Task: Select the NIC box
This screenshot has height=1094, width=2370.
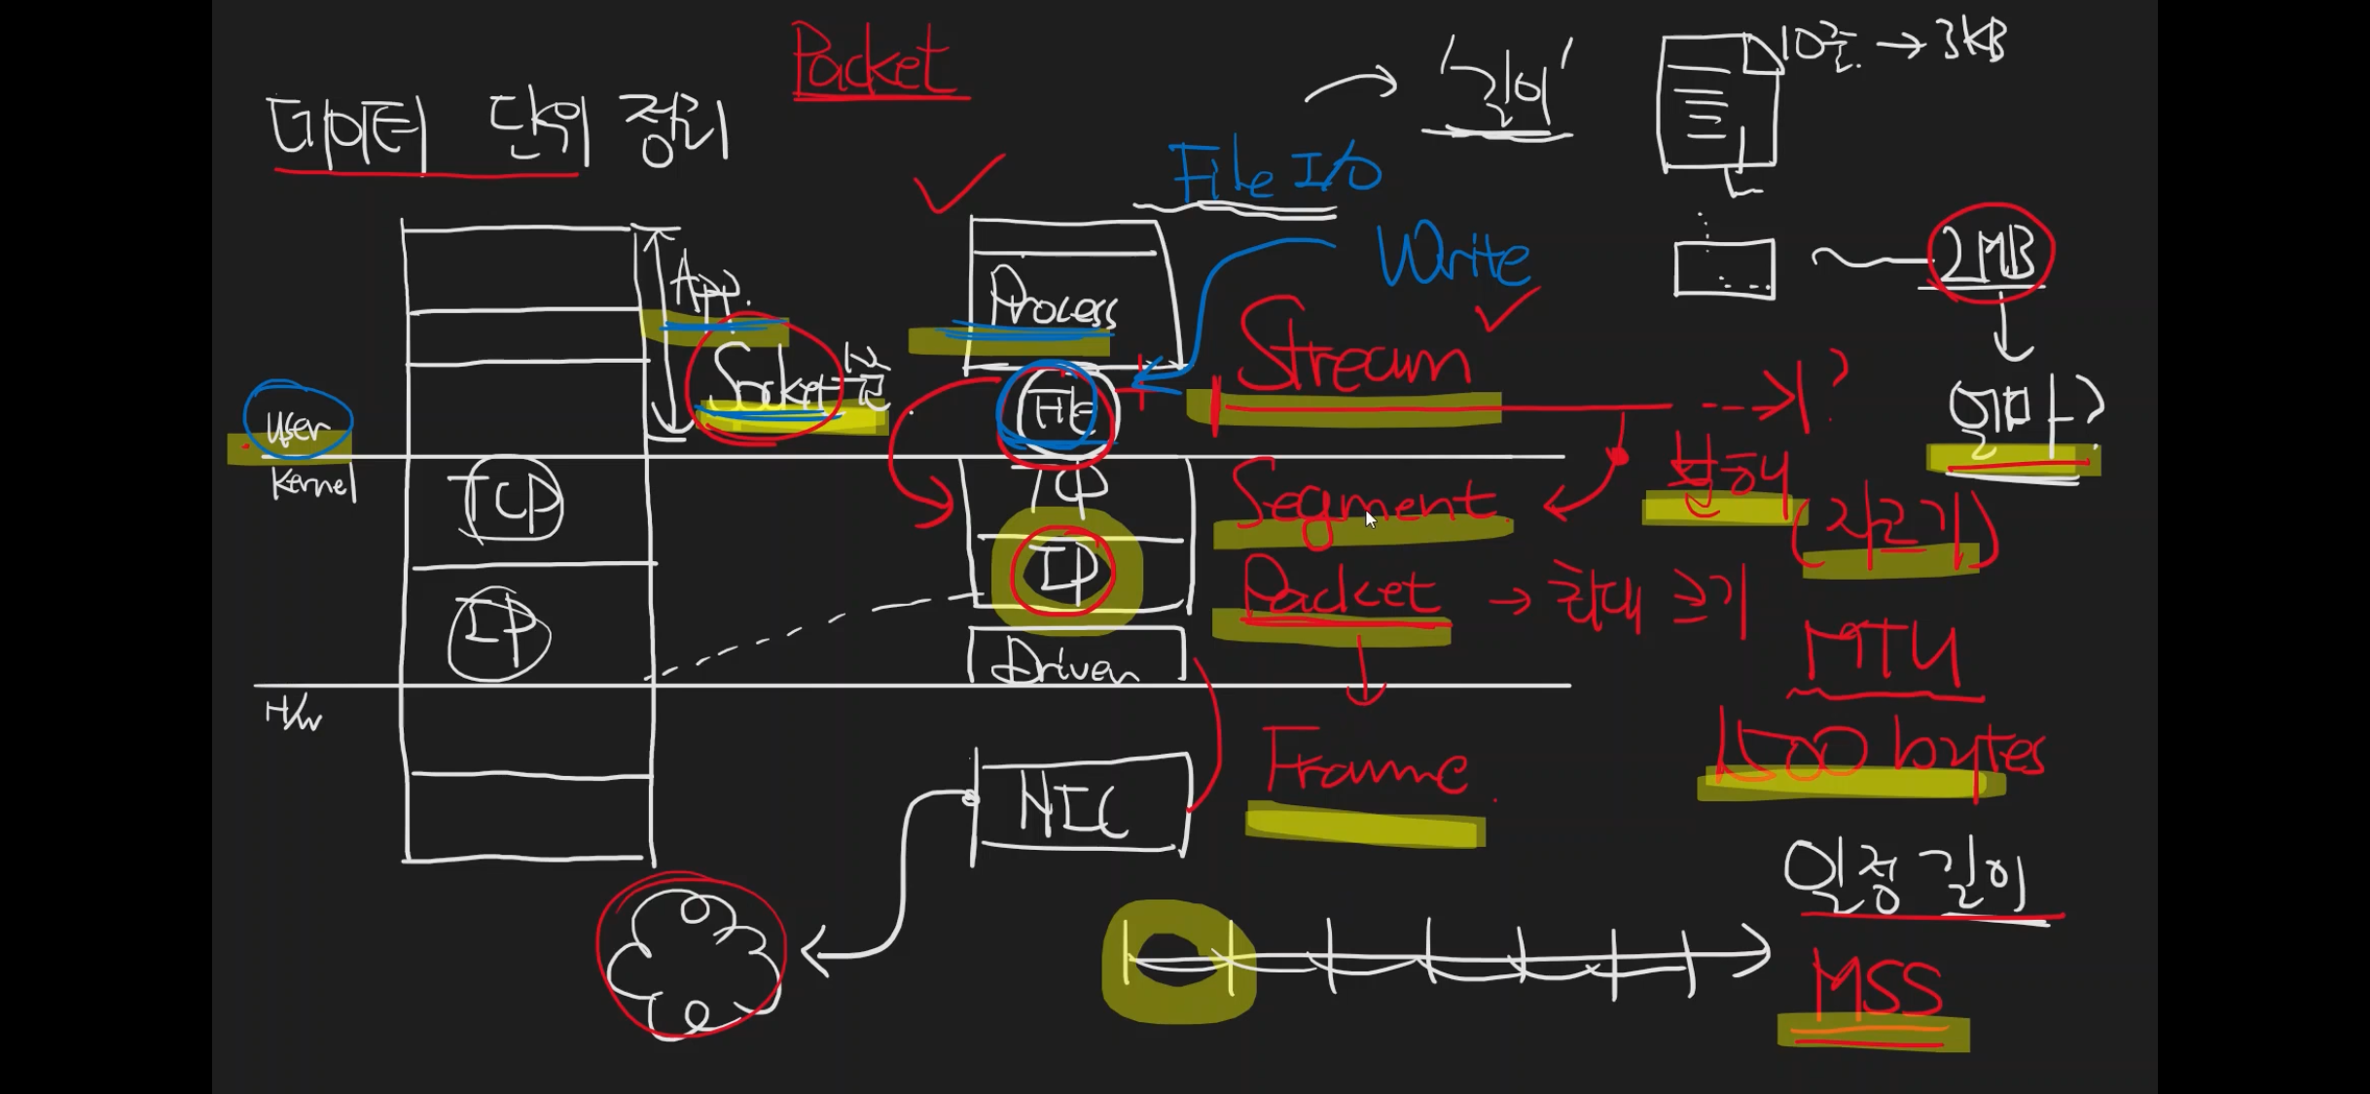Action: click(1080, 805)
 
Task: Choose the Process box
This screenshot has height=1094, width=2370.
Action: click(1060, 301)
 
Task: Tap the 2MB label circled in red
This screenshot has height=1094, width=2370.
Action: click(1990, 255)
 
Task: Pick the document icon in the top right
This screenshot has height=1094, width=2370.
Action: click(1717, 102)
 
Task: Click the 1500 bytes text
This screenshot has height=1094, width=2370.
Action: click(1878, 754)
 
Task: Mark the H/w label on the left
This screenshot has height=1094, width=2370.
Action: click(292, 716)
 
